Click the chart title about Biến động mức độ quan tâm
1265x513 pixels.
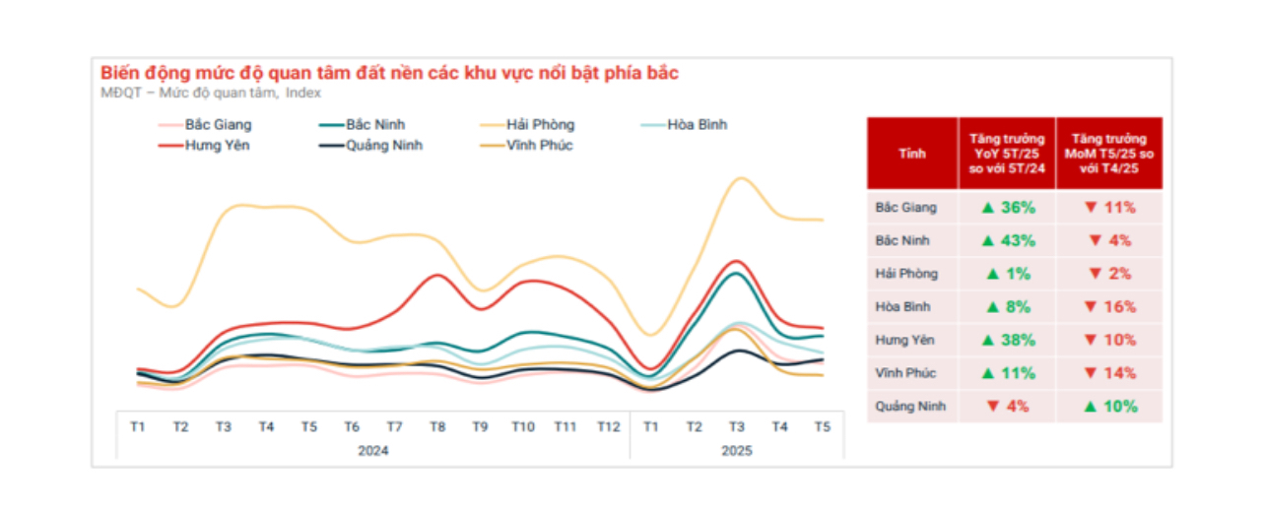[x=389, y=74]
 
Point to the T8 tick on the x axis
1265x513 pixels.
[x=437, y=427]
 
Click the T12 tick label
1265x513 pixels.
[x=609, y=427]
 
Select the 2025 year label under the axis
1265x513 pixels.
[x=737, y=451]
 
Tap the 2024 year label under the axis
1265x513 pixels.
[x=372, y=451]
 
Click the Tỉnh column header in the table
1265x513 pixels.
[x=912, y=154]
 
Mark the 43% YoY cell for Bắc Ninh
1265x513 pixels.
[x=1008, y=241]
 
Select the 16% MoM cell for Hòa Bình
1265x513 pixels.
[x=1109, y=307]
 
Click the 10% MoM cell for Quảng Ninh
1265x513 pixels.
[x=1109, y=407]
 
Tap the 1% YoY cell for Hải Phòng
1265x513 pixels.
[x=1008, y=274]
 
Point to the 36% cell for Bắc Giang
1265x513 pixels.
[x=1008, y=208]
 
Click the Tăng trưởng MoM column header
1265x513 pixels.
[x=1109, y=154]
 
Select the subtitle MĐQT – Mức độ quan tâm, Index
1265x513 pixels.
[x=211, y=94]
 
